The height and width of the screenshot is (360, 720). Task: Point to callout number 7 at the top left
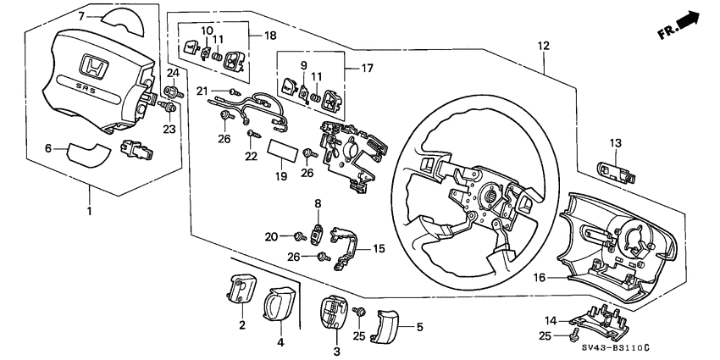(x=81, y=16)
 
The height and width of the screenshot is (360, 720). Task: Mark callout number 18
(x=271, y=36)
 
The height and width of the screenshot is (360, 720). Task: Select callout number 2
(x=241, y=326)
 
